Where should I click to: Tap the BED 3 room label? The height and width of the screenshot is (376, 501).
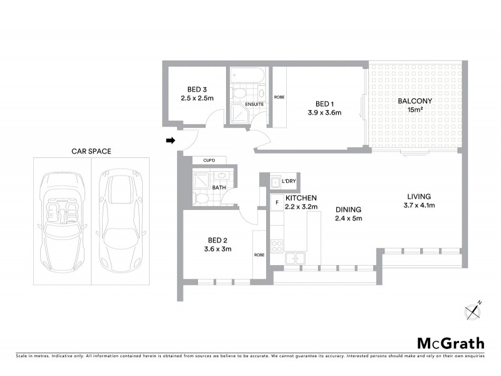197,88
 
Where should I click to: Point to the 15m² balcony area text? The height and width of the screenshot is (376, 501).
415,110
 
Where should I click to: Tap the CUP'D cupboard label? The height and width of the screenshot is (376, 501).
200,160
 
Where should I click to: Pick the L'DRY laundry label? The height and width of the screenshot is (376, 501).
288,182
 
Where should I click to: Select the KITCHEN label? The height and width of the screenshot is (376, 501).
301,197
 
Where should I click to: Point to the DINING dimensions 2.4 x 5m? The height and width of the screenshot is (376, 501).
349,219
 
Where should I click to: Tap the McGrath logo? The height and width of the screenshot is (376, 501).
451,343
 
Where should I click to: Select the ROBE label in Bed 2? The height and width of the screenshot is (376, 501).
259,255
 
